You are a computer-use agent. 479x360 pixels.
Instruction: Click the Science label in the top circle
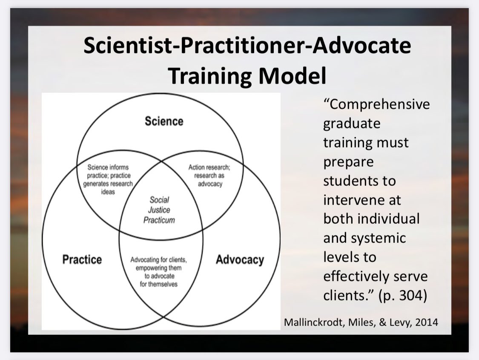tap(164, 121)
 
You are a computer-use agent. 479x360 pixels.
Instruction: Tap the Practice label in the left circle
tap(82, 259)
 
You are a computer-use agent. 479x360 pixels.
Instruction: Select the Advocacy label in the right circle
tap(240, 259)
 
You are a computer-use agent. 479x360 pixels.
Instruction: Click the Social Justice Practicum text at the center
tap(159, 210)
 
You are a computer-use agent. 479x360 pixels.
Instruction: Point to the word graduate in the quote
tap(352, 124)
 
